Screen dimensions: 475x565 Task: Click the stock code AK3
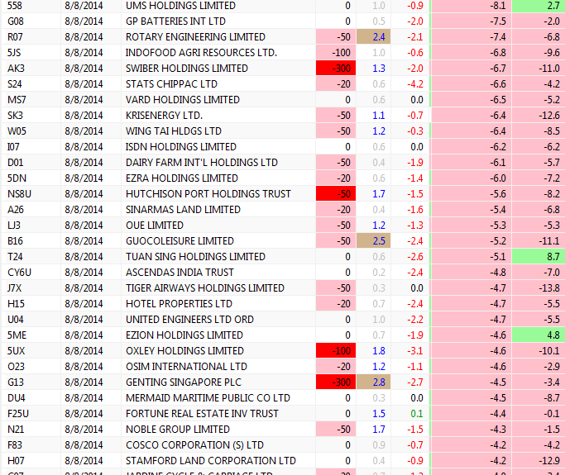click(x=16, y=68)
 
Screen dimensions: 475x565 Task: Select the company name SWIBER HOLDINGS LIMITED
click(x=186, y=68)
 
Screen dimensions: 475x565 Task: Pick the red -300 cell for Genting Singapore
click(x=336, y=382)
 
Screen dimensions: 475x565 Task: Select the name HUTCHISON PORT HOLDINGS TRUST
click(x=208, y=193)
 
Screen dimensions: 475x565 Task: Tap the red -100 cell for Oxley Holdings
click(x=336, y=350)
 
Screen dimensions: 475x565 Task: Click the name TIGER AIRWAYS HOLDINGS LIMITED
click(x=204, y=287)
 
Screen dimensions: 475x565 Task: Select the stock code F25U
click(x=18, y=413)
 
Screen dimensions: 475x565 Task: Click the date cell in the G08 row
click(x=83, y=21)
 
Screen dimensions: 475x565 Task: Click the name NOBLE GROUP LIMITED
click(x=177, y=429)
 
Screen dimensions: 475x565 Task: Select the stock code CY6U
click(x=20, y=272)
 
